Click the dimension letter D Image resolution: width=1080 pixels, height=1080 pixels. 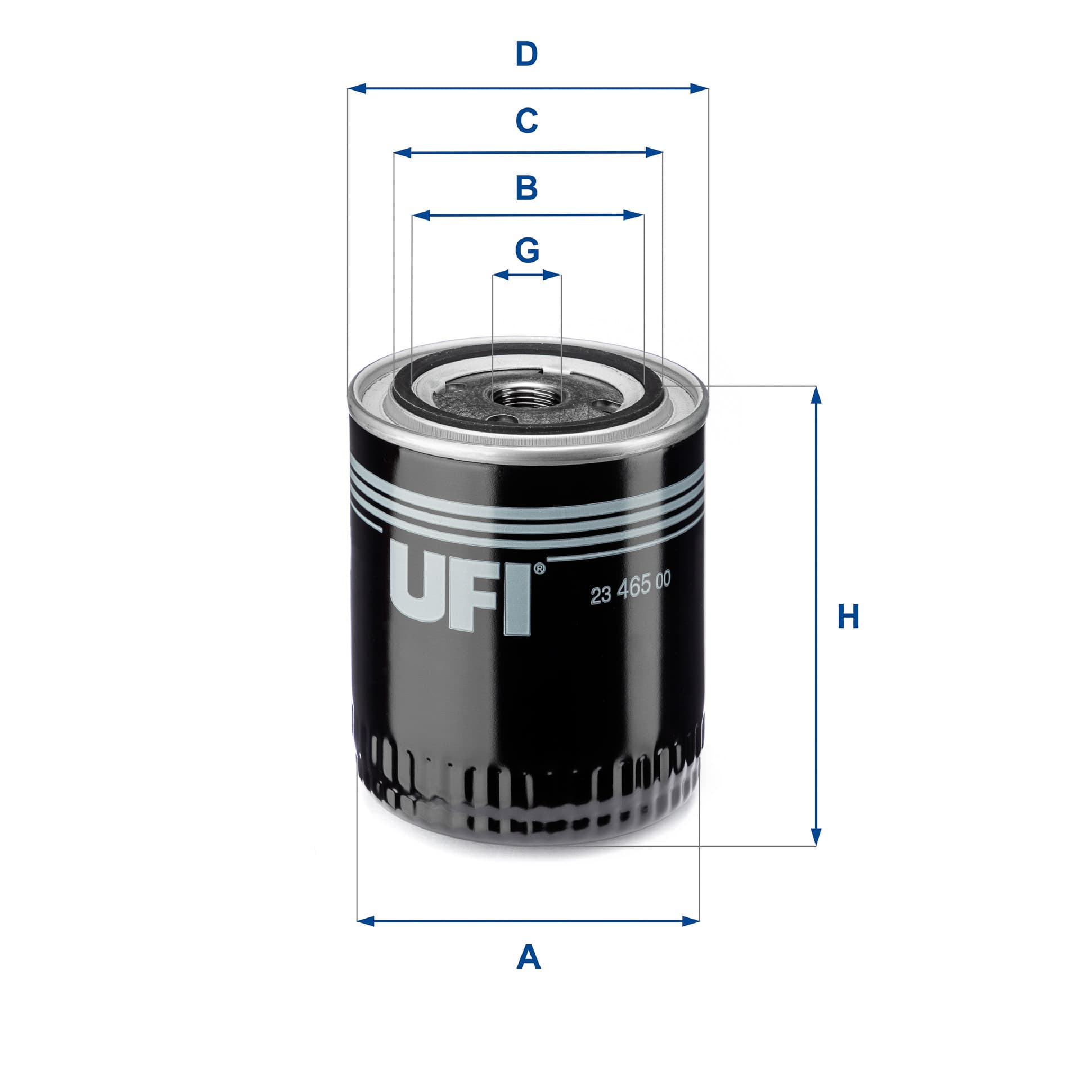[527, 55]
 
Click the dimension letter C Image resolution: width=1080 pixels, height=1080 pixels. [527, 120]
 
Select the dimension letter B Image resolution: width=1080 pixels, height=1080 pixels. [527, 188]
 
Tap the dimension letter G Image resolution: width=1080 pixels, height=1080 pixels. [528, 250]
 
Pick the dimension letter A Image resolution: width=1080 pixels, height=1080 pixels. [528, 958]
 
